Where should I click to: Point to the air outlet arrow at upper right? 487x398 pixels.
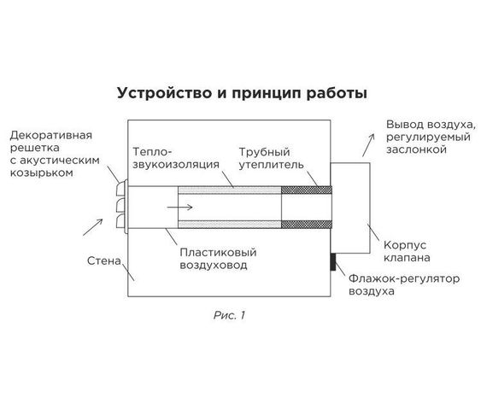pos(367,143)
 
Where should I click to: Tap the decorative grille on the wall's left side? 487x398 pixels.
pos(120,206)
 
